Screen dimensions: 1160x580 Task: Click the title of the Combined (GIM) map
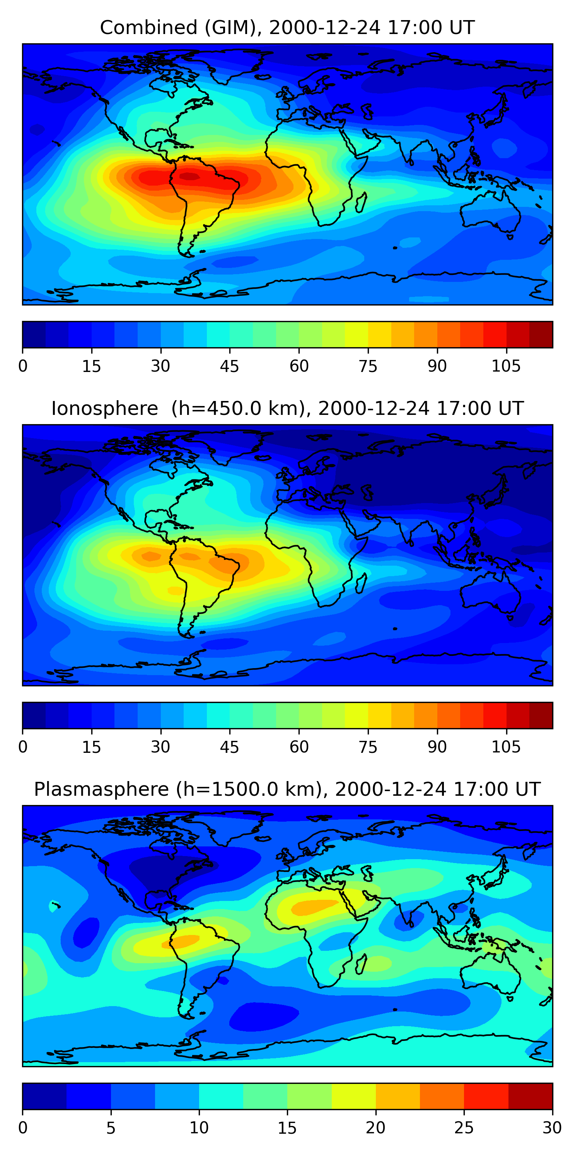click(x=287, y=28)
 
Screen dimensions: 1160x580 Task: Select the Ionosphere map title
click(x=287, y=409)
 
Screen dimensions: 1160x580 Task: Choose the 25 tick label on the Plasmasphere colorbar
click(x=464, y=1128)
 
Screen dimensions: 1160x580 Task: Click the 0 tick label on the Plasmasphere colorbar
click(x=23, y=1128)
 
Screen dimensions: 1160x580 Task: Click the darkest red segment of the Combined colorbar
click(x=541, y=334)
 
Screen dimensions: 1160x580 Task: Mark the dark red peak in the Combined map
click(x=189, y=176)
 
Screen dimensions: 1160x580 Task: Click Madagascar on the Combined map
click(x=361, y=203)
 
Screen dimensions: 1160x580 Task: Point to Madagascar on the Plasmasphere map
click(x=361, y=964)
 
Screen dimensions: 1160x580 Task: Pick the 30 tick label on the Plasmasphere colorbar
click(x=552, y=1128)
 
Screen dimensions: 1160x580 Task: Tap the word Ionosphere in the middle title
click(x=104, y=409)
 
